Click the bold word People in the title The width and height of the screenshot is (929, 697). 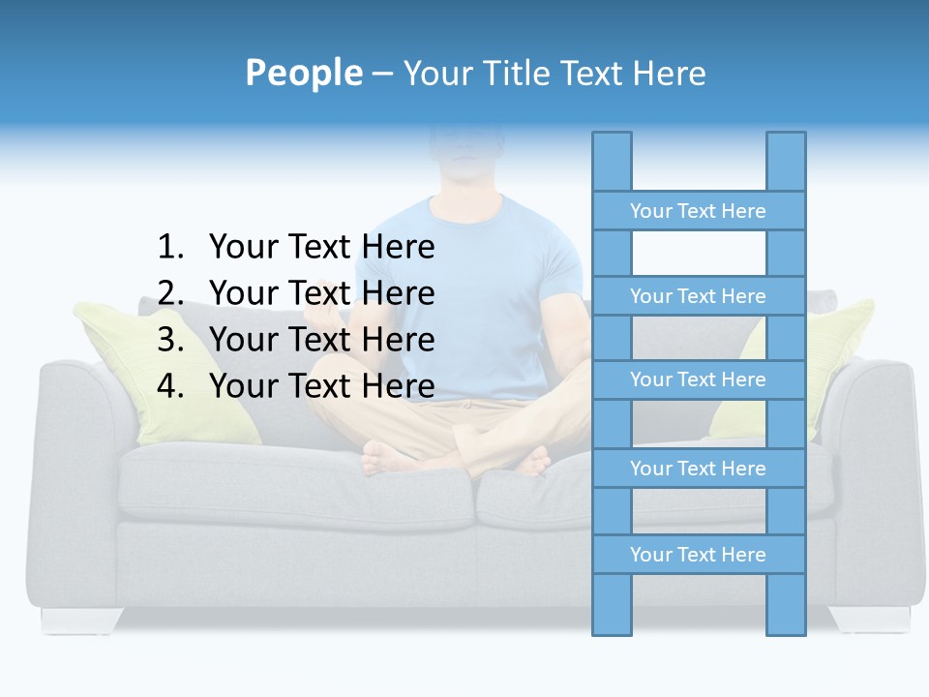[303, 73]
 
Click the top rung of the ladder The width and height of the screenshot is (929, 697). [698, 211]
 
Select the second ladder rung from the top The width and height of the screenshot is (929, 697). [698, 296]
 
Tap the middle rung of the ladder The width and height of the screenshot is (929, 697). [698, 379]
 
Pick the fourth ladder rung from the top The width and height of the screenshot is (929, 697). [698, 469]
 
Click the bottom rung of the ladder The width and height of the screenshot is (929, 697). [698, 555]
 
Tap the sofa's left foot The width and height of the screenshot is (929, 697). [81, 620]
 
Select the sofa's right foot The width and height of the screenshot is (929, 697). [869, 620]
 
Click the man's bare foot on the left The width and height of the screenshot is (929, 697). [392, 457]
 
